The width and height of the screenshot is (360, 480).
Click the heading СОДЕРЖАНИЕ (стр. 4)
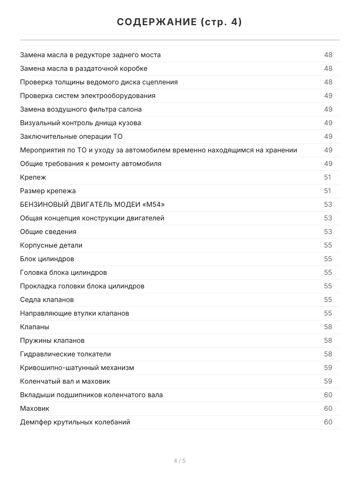click(x=180, y=22)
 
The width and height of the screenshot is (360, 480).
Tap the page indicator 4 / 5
click(x=180, y=461)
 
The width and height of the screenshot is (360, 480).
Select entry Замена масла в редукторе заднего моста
click(x=90, y=55)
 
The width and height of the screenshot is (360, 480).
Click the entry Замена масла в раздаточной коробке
click(x=84, y=68)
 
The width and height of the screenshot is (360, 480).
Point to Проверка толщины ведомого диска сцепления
click(x=99, y=82)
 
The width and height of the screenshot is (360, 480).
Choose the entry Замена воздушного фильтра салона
click(x=81, y=109)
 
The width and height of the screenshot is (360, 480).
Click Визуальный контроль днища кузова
click(x=80, y=123)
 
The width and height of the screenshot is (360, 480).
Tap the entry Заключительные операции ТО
click(x=71, y=136)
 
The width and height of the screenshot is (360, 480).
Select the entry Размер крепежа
click(x=48, y=191)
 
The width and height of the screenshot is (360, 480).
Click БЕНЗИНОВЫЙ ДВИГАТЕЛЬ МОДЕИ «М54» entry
click(x=92, y=204)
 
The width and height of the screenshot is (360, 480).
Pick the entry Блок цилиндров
click(x=47, y=259)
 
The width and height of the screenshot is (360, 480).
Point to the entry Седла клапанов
click(x=47, y=300)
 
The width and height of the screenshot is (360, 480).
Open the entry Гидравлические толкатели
click(x=66, y=354)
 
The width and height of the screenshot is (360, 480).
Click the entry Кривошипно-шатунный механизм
click(x=77, y=368)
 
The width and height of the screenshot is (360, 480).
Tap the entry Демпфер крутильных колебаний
click(x=75, y=422)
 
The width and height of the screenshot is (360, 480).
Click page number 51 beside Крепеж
click(x=328, y=177)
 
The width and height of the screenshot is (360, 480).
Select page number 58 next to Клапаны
click(x=328, y=327)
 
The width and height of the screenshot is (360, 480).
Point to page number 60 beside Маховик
click(x=328, y=408)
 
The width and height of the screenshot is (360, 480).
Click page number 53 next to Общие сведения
click(x=328, y=232)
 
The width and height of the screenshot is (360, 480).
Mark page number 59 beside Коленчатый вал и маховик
click(x=328, y=381)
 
